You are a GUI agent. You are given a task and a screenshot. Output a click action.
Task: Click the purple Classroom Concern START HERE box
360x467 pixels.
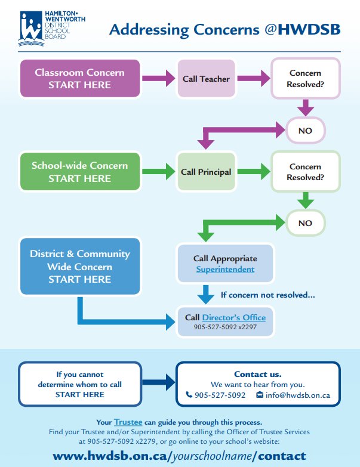click(x=79, y=79)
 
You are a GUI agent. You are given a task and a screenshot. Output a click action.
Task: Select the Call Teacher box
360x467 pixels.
click(x=206, y=79)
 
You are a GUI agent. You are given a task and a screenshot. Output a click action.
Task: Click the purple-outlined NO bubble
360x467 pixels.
click(x=305, y=131)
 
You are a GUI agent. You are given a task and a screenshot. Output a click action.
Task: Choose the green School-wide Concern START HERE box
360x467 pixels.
click(x=79, y=172)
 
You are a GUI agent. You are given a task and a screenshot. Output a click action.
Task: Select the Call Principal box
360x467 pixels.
click(x=206, y=172)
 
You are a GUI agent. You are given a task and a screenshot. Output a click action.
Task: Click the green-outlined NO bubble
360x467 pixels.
click(x=305, y=223)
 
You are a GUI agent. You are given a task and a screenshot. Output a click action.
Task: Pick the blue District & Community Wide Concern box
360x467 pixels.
click(x=79, y=266)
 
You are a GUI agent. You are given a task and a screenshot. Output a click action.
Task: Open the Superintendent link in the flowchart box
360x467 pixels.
click(x=225, y=270)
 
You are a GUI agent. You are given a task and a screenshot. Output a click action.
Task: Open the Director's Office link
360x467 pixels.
click(x=233, y=317)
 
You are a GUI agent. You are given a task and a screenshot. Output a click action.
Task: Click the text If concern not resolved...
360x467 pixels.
click(x=268, y=295)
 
